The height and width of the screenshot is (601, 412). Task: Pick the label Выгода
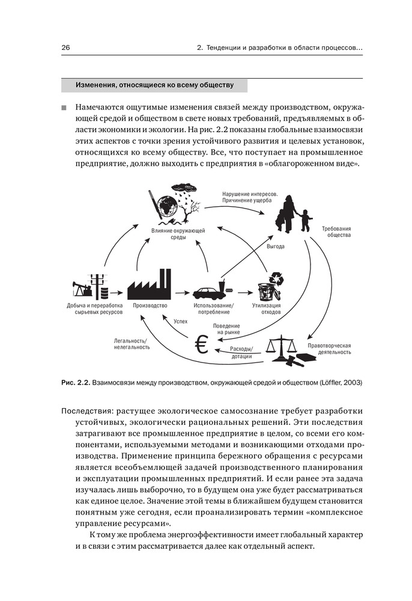click(x=276, y=246)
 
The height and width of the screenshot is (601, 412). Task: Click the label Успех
click(x=180, y=322)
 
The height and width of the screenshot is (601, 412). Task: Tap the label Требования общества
click(x=336, y=232)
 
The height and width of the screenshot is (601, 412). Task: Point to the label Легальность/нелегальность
click(x=132, y=344)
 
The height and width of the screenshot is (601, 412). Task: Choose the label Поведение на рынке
click(x=225, y=328)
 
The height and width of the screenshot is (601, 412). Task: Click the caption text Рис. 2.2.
click(x=74, y=382)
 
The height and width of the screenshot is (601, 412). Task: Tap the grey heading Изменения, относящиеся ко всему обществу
click(x=154, y=85)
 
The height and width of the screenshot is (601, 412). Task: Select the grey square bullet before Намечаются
click(x=64, y=108)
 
